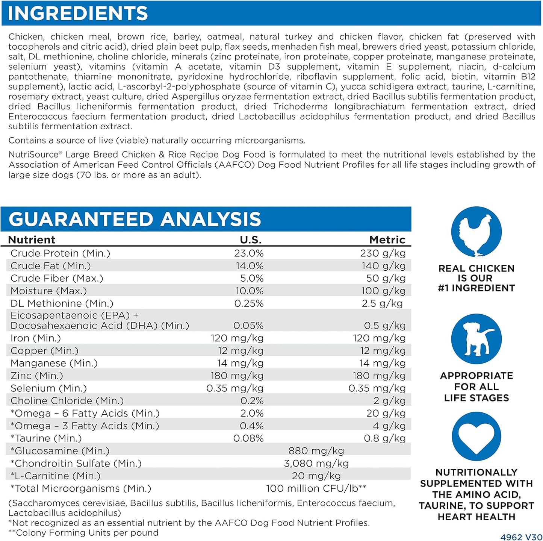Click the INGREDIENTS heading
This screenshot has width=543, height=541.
click(78, 13)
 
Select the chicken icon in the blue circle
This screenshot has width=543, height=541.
click(476, 232)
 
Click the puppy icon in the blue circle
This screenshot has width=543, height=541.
click(476, 339)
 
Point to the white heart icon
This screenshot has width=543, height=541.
click(476, 437)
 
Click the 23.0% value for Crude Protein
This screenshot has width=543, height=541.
click(249, 253)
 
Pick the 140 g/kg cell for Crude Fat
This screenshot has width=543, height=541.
click(383, 266)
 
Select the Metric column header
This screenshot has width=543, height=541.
click(387, 240)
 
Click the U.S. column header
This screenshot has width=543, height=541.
click(251, 240)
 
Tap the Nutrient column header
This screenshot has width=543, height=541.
click(32, 240)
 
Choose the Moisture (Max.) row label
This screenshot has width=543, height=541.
click(48, 291)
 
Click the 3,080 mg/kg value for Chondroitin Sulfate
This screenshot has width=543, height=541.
click(316, 464)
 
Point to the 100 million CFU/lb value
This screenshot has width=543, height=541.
click(316, 488)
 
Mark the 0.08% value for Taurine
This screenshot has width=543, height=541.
click(248, 438)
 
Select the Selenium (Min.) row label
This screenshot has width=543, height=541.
click(48, 388)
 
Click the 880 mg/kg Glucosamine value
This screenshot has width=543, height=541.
click(316, 451)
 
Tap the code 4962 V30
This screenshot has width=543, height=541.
click(521, 537)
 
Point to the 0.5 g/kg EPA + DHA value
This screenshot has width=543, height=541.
click(384, 326)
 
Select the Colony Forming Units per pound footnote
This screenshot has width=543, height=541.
click(83, 533)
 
